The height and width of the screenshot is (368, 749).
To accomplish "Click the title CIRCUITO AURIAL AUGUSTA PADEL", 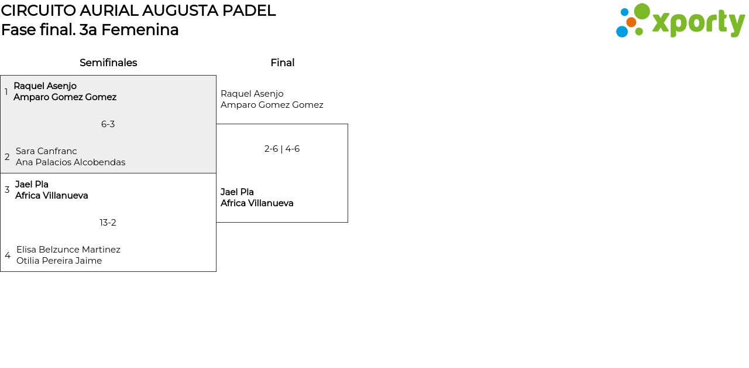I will click(x=138, y=11).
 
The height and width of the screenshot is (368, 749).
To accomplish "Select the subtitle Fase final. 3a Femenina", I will click(x=90, y=30).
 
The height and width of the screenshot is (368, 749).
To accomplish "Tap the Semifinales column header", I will click(x=108, y=63).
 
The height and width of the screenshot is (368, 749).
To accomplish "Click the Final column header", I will click(x=282, y=63).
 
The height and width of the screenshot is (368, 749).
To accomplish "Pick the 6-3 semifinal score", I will click(x=108, y=124).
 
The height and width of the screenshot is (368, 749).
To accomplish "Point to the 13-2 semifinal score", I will click(x=108, y=223).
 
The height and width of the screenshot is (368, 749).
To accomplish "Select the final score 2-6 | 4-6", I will click(x=282, y=149).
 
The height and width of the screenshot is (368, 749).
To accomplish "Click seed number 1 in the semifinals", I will click(x=6, y=92).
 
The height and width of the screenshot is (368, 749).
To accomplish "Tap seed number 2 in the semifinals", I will click(x=7, y=157).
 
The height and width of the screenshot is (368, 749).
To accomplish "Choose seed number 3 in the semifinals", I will click(x=7, y=190).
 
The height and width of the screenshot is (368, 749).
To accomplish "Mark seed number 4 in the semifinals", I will click(x=8, y=255).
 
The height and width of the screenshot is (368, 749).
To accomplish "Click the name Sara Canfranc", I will click(x=46, y=151).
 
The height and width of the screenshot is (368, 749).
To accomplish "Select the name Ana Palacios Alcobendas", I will click(x=70, y=162).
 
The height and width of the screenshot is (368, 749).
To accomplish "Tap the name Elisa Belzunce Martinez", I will click(x=68, y=250).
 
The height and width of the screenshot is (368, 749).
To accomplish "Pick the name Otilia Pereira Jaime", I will click(x=59, y=261).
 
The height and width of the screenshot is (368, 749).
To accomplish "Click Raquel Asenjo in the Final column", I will click(x=252, y=94).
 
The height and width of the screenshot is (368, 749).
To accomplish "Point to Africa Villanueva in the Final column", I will click(x=257, y=203).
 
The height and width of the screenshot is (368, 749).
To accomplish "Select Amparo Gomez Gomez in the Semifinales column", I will click(x=65, y=97).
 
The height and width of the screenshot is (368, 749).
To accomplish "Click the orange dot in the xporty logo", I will click(x=631, y=22).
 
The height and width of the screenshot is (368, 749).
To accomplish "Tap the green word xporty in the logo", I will click(x=698, y=23).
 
